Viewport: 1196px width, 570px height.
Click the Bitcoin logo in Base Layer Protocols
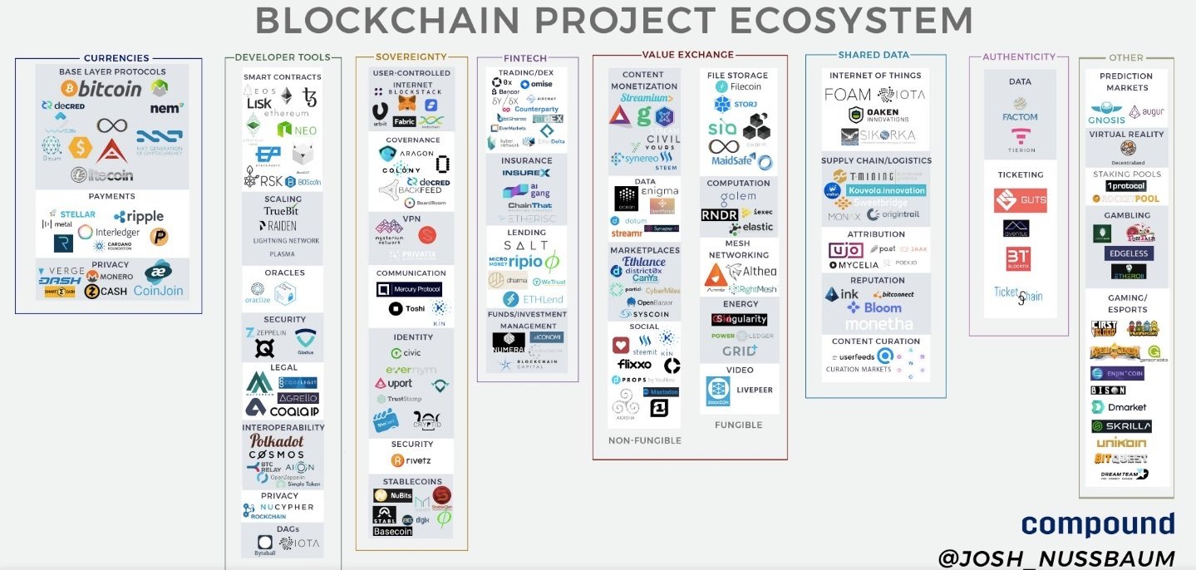tap(111, 88)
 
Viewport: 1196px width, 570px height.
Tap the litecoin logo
tap(101, 174)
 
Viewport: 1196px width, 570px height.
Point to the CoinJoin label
tap(158, 291)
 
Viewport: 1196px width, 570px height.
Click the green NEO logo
tap(297, 130)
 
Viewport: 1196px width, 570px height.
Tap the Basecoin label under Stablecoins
tap(393, 532)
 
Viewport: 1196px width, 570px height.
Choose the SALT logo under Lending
tap(526, 246)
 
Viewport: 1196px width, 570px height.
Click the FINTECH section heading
tap(525, 58)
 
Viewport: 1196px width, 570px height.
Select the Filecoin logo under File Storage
tap(738, 86)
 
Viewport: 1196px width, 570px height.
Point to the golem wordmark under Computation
tap(738, 198)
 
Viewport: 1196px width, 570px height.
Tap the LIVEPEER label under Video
tap(755, 390)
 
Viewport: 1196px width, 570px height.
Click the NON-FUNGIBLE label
tap(645, 440)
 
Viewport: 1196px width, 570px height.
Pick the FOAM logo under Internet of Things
tap(847, 95)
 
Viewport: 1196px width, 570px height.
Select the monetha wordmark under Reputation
tap(875, 322)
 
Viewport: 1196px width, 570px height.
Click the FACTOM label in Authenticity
tap(1020, 117)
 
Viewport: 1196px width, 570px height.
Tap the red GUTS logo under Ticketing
tap(1020, 200)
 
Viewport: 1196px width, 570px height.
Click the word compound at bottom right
tap(1097, 523)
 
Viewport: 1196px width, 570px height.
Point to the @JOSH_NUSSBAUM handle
tap(1056, 558)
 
